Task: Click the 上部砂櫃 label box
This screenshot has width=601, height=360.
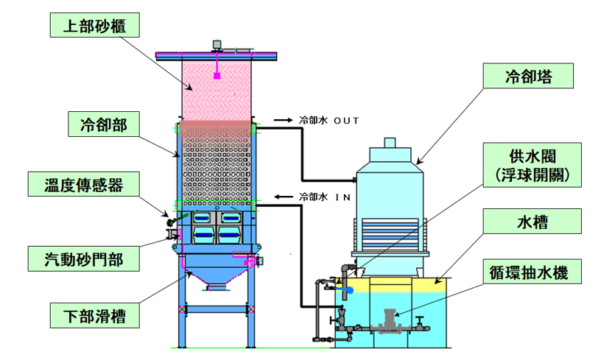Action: click(x=86, y=26)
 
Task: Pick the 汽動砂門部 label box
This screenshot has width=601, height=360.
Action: click(x=85, y=259)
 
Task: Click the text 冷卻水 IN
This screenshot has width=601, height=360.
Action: click(x=323, y=197)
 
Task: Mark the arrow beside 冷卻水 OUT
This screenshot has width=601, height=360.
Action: click(x=282, y=119)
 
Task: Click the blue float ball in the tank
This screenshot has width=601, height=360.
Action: click(x=349, y=290)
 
